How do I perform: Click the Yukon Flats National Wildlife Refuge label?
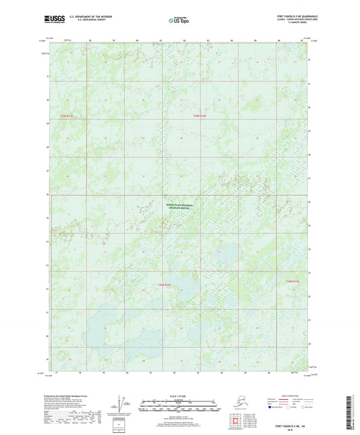[179, 207]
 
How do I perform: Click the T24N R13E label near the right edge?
[291, 280]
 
